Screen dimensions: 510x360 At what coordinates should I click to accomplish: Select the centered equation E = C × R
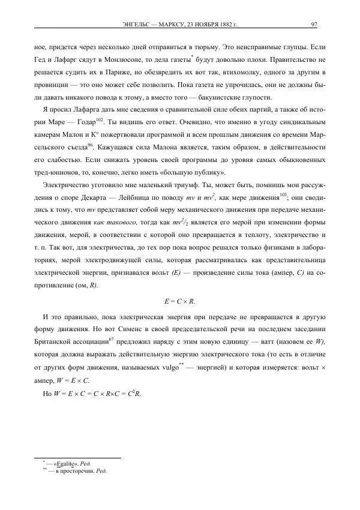pyautogui.click(x=179, y=300)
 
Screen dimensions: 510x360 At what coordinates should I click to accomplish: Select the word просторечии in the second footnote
pyautogui.click(x=75, y=471)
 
